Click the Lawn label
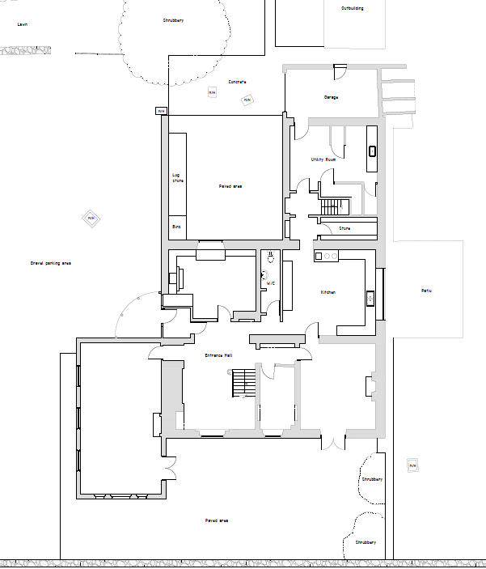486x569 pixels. click(23, 25)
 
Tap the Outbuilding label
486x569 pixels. click(352, 9)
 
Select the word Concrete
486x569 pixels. click(236, 82)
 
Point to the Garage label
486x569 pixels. click(331, 97)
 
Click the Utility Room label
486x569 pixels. click(323, 159)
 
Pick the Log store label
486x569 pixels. click(177, 178)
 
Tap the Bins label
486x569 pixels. click(176, 227)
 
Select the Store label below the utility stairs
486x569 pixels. click(344, 229)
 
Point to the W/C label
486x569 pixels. click(271, 283)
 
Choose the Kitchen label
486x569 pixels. click(328, 292)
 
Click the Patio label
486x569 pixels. click(426, 291)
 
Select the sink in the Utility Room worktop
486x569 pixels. click(372, 151)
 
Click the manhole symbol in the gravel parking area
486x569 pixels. click(91, 218)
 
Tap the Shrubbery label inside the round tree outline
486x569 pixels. click(172, 19)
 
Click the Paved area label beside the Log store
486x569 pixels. click(230, 186)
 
